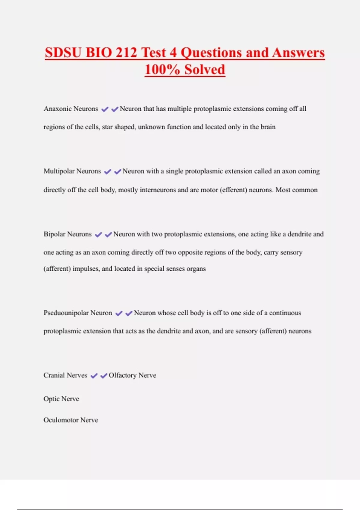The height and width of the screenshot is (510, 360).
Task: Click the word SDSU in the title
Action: (63, 53)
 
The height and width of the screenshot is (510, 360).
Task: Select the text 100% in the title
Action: (162, 70)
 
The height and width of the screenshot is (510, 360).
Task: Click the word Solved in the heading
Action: (205, 70)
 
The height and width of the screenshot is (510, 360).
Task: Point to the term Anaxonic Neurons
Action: (71, 109)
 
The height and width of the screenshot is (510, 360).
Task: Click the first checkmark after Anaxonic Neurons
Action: (105, 109)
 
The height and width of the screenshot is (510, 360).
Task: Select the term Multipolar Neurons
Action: (72, 171)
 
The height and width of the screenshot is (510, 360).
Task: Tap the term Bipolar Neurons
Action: (67, 234)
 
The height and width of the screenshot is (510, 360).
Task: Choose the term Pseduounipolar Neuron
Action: (78, 313)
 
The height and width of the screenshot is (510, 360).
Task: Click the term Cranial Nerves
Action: (65, 375)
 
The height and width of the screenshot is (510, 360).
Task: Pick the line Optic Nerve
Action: (61, 399)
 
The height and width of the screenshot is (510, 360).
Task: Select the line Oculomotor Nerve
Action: (71, 420)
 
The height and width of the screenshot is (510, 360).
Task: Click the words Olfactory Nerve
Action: (132, 375)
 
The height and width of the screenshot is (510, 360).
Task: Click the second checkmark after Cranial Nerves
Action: (104, 376)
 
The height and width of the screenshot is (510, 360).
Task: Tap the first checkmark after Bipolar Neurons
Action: (98, 235)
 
